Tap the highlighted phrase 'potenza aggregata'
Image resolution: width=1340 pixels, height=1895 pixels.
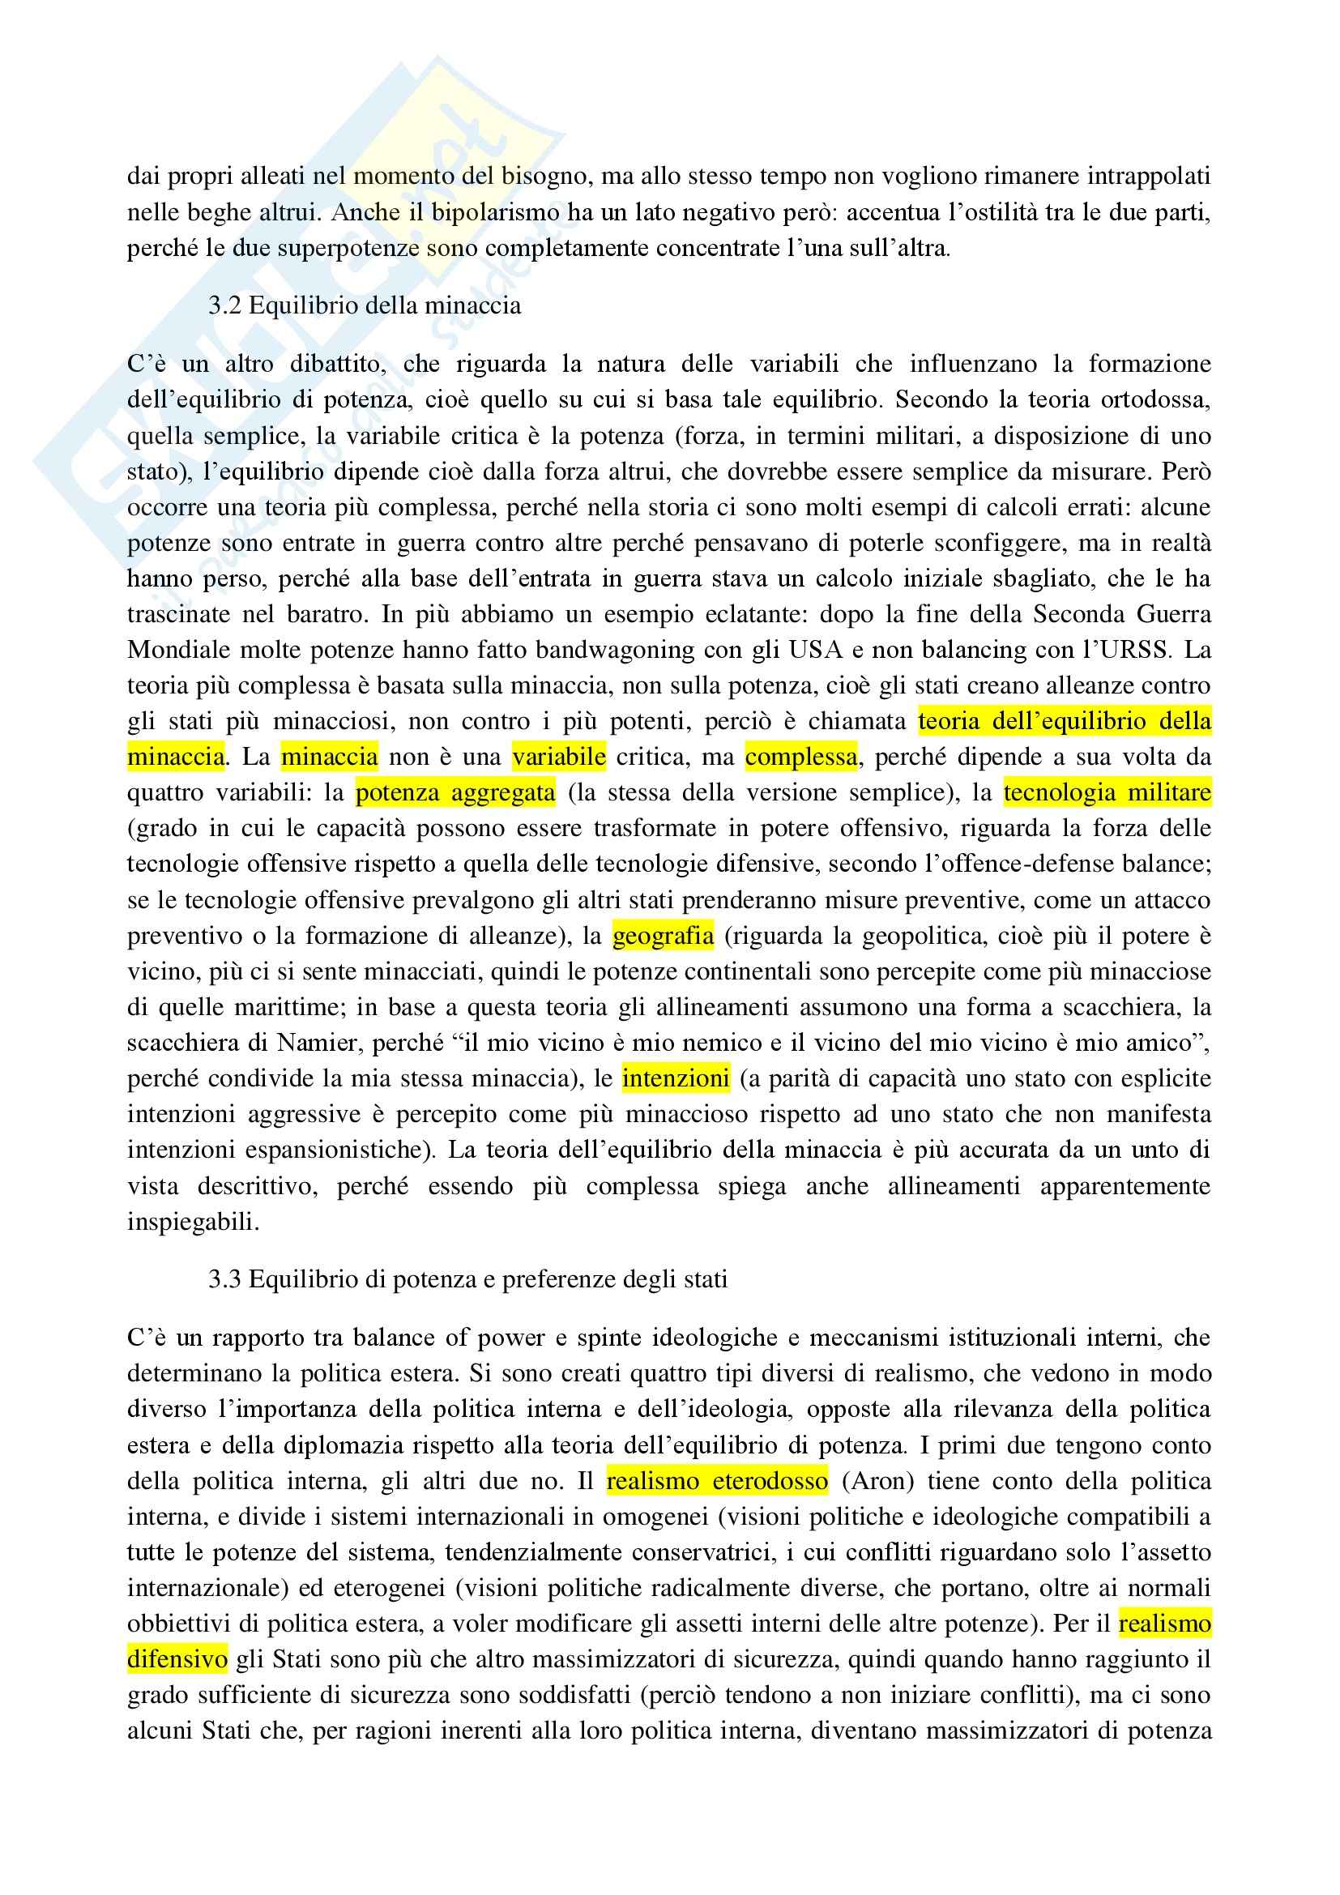coord(455,793)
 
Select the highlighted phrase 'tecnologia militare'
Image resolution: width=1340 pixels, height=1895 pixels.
coord(1107,793)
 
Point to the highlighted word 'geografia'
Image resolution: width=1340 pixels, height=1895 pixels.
coord(664,936)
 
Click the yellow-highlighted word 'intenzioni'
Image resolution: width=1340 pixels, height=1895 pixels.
coord(676,1078)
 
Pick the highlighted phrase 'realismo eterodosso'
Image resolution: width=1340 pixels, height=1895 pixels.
coord(717,1482)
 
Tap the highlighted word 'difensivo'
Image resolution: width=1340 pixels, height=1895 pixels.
coord(177,1659)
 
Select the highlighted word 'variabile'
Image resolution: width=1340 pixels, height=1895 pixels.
coord(560,757)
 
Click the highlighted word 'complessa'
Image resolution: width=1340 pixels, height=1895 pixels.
coord(800,757)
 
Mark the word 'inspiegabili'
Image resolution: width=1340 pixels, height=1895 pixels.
coord(193,1222)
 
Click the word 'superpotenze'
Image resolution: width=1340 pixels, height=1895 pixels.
coord(350,249)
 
